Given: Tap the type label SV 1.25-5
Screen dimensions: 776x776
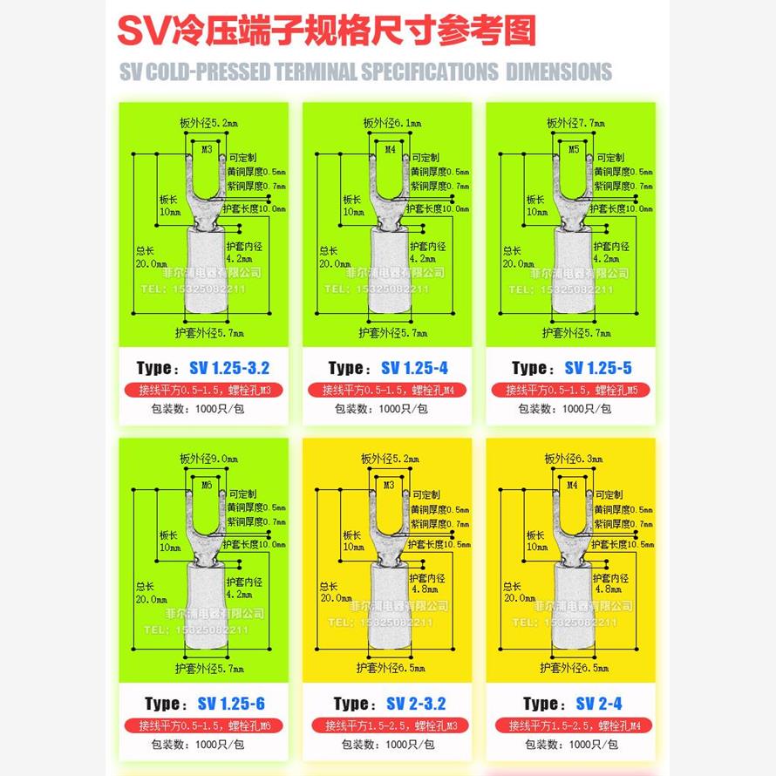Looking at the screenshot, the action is click(570, 368).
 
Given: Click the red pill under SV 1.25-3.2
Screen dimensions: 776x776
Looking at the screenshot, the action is click(203, 390).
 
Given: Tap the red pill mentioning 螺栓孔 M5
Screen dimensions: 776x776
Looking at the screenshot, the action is click(570, 390).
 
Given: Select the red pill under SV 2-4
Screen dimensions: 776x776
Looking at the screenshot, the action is click(570, 725).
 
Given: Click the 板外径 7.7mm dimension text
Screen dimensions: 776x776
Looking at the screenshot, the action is click(575, 124).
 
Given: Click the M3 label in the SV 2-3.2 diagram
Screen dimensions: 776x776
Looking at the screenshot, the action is click(389, 484).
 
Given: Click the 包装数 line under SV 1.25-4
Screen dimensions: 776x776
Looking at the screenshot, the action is click(387, 409).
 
